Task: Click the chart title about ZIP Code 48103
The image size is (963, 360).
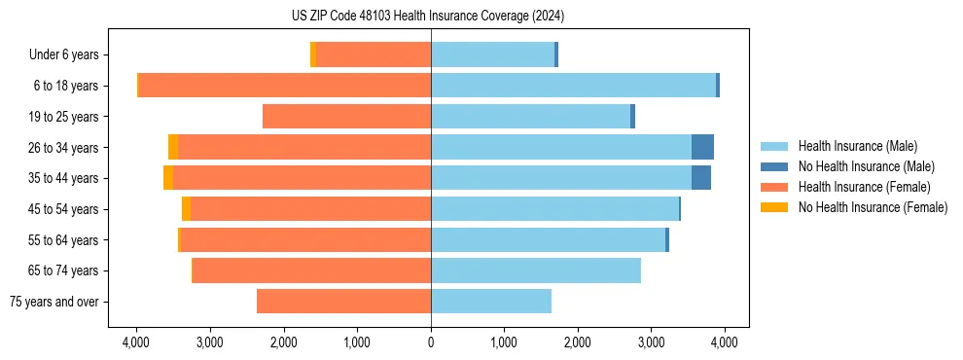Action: (x=428, y=17)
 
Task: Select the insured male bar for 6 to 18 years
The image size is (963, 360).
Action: (x=573, y=86)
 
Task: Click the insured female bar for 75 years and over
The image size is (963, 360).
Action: (x=343, y=302)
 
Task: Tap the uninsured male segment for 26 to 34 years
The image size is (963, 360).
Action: (x=702, y=147)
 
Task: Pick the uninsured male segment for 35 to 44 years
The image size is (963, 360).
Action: (x=700, y=178)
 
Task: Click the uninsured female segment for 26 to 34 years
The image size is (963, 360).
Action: (x=173, y=147)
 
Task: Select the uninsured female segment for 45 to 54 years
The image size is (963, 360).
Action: (x=186, y=209)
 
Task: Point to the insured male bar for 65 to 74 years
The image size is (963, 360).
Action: (x=536, y=270)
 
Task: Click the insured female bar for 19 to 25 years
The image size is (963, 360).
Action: (x=346, y=117)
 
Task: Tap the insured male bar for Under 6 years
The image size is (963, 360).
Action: (x=492, y=54)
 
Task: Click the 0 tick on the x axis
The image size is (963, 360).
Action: (x=431, y=342)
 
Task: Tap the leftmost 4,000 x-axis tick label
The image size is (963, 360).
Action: (x=136, y=342)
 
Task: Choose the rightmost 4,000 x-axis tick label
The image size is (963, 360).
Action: (x=725, y=342)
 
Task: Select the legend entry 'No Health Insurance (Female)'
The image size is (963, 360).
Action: (x=873, y=207)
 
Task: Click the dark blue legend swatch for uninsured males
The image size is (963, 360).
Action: (x=774, y=166)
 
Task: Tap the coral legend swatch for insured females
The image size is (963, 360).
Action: (x=774, y=187)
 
